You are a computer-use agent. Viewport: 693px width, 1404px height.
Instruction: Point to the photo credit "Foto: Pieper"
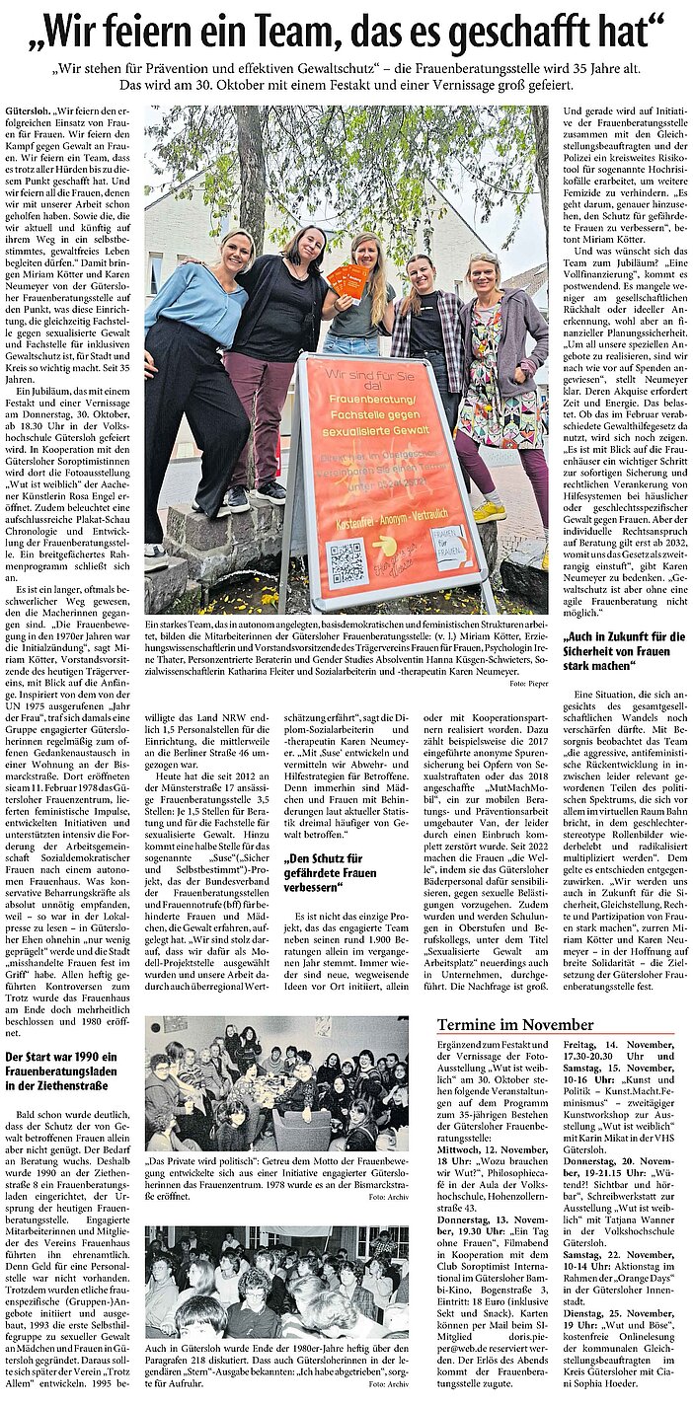click(529, 682)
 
